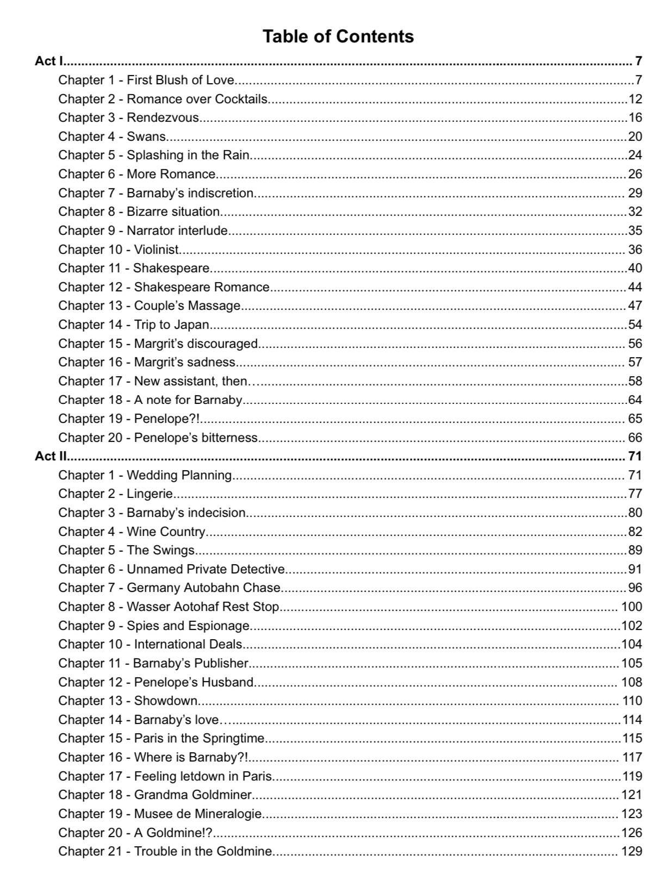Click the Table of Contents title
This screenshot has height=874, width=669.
(338, 36)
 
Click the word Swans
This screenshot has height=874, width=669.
(146, 136)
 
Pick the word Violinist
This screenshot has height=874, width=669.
(156, 249)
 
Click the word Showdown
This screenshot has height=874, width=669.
(165, 701)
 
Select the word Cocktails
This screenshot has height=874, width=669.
(241, 99)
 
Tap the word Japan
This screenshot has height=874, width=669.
(191, 324)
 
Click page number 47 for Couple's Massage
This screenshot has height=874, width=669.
(635, 305)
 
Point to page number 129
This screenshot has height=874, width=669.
(631, 851)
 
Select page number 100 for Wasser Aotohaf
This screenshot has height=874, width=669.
(631, 607)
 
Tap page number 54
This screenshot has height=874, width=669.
(635, 324)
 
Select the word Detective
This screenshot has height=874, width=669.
(257, 569)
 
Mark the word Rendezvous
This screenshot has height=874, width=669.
(163, 117)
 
